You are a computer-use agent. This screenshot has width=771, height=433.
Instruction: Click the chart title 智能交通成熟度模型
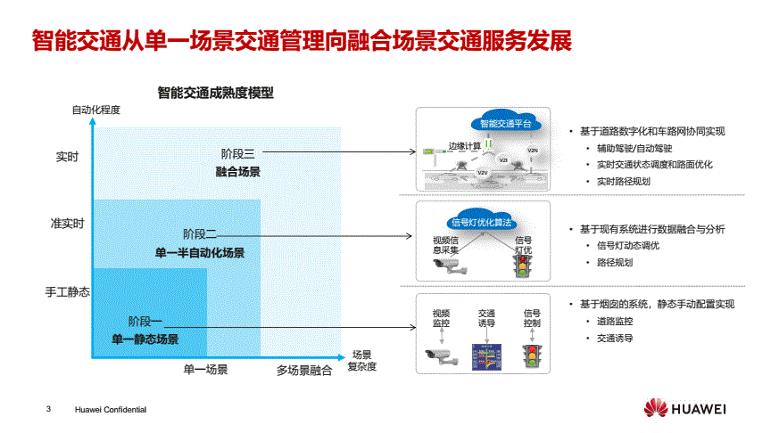click(x=215, y=92)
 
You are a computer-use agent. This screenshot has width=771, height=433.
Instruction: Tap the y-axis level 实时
click(x=67, y=157)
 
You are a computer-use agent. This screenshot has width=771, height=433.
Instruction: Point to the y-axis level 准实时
click(x=67, y=224)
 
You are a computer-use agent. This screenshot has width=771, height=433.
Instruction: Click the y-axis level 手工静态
click(x=67, y=291)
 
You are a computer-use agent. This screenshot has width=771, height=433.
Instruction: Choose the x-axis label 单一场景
click(x=206, y=370)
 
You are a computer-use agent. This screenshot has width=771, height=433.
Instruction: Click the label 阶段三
click(x=238, y=153)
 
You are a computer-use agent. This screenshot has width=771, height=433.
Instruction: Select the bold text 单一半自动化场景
click(x=200, y=253)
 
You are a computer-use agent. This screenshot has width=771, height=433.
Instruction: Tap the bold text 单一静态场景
click(x=145, y=339)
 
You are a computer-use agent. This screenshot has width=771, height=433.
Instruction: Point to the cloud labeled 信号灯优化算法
click(x=483, y=222)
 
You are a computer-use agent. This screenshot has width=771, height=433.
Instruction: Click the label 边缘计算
click(x=464, y=146)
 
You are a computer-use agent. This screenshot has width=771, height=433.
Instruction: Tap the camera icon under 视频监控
click(x=441, y=356)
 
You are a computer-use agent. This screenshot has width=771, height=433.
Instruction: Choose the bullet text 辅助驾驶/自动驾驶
click(x=634, y=148)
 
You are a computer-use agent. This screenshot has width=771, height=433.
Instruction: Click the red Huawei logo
click(x=656, y=409)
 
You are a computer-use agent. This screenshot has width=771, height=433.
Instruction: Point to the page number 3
click(x=49, y=409)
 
